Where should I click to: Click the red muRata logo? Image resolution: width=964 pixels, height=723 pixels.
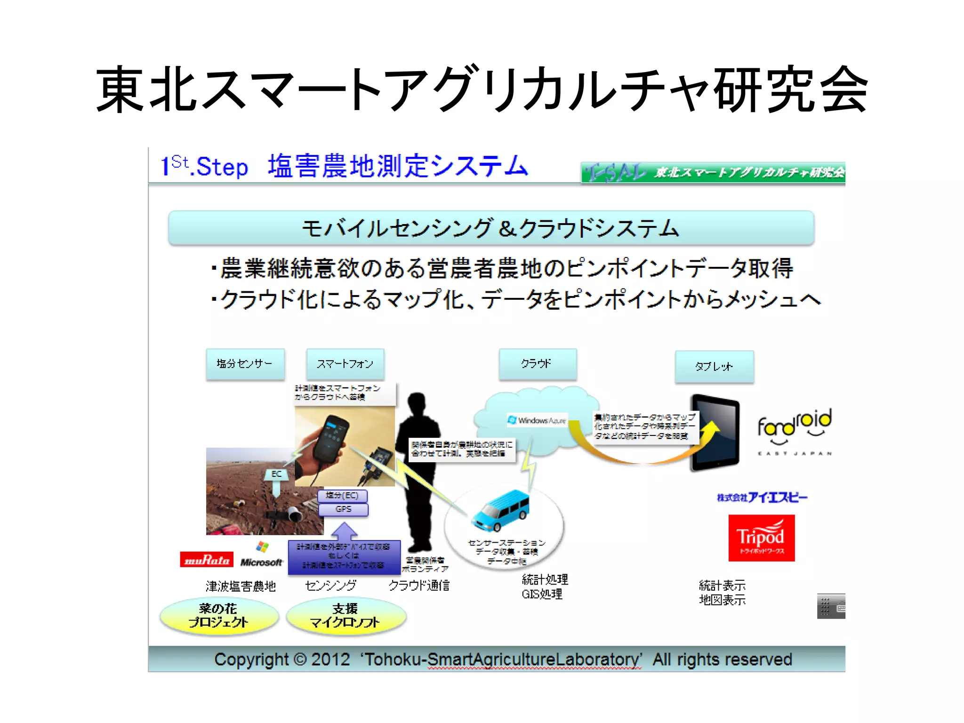coord(207,559)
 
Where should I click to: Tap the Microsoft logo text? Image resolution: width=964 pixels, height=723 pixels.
coord(261,562)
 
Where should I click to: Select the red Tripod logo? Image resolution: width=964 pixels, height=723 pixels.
coord(761,538)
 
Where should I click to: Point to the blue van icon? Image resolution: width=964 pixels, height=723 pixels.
coord(501,511)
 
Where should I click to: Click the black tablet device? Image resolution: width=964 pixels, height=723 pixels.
coord(715,433)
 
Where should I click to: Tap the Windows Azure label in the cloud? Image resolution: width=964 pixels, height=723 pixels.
coord(537,420)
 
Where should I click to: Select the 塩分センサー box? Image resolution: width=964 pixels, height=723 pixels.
coord(245,364)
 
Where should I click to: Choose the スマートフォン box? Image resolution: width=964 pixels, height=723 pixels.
coord(345,364)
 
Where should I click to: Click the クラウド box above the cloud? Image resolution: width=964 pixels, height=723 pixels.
coord(538,364)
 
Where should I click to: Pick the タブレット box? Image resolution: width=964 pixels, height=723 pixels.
coord(714,366)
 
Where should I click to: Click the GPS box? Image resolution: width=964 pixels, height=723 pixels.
coord(343,509)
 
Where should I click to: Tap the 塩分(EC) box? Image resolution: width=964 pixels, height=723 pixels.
coord(342,496)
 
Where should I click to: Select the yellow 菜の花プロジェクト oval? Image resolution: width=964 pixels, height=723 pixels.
coord(218,616)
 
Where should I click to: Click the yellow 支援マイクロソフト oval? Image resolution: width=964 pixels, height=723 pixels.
coord(345,616)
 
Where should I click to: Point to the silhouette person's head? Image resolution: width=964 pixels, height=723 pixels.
coord(418,404)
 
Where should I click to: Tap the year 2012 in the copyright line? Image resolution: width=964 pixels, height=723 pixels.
coord(330,659)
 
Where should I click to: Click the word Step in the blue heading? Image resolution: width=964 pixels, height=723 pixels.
coord(222,167)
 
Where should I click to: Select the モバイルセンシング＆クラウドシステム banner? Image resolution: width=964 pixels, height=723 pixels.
coord(491,228)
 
